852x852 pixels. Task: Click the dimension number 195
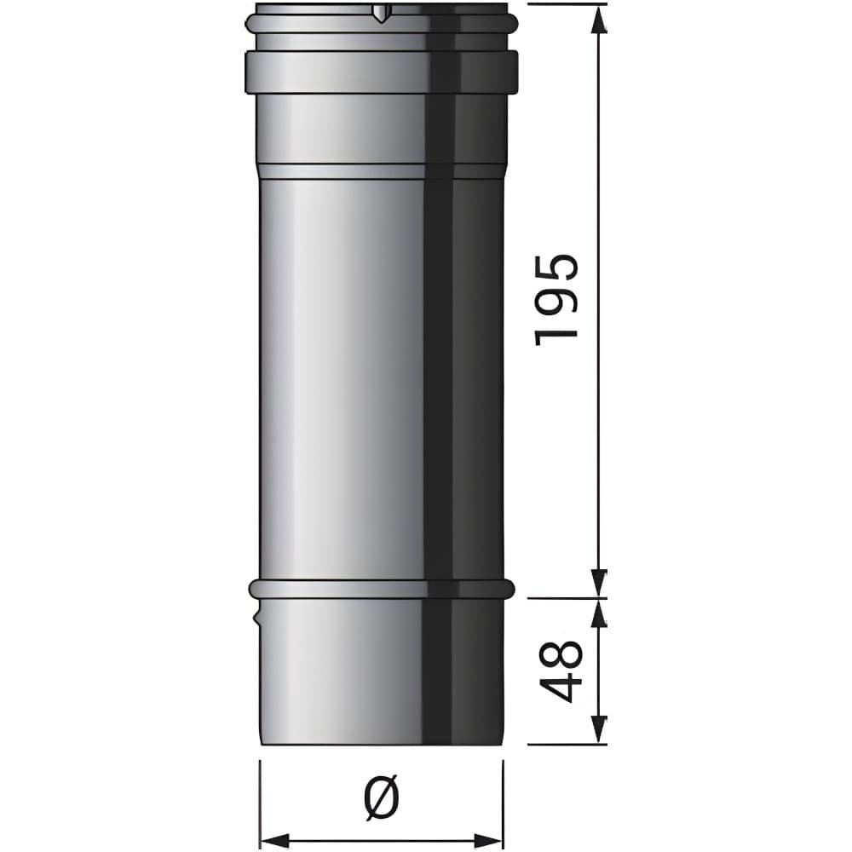click(556, 300)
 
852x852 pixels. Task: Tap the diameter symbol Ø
click(382, 797)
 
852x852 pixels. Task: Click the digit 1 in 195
click(556, 337)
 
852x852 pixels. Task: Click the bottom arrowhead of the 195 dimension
click(599, 584)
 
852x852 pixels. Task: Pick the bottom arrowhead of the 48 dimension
click(599, 730)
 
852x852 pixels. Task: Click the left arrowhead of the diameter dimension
click(275, 840)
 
